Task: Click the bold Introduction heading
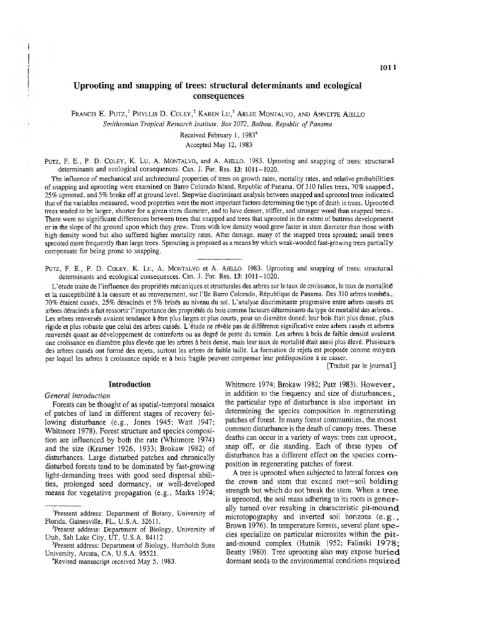pos(130,384)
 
